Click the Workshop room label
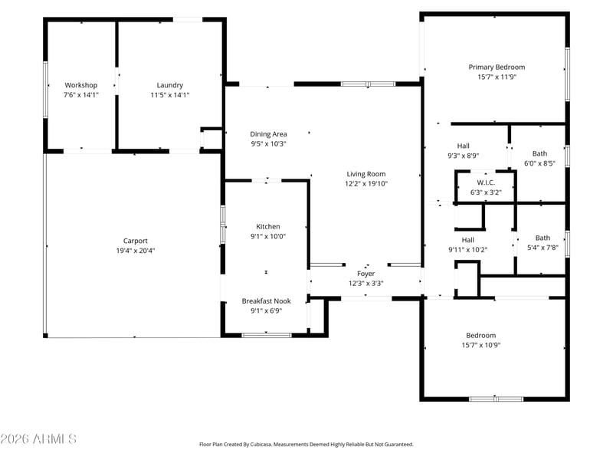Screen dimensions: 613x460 click(x=81, y=85)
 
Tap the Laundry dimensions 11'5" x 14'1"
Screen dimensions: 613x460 click(x=170, y=94)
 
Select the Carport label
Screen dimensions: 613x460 click(x=136, y=241)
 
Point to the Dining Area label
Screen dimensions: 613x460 click(x=269, y=134)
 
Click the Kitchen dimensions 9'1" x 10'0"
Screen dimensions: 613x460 click(x=268, y=236)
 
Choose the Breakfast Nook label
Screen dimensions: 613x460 click(x=266, y=301)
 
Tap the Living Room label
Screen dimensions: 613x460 click(x=366, y=174)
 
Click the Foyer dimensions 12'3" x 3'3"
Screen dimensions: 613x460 click(x=366, y=283)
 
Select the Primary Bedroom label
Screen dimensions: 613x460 click(x=497, y=67)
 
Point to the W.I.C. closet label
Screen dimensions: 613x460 click(x=486, y=182)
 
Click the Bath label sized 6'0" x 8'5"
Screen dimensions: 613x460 click(x=540, y=154)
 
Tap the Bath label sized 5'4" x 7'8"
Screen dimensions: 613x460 click(x=543, y=238)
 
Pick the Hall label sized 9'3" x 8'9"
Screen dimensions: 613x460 click(x=464, y=146)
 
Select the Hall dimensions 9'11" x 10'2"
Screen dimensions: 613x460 click(x=468, y=250)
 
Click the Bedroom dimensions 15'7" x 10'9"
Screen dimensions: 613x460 click(x=481, y=345)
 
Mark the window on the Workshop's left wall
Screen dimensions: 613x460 click(x=45, y=89)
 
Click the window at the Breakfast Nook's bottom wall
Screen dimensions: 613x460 click(x=267, y=335)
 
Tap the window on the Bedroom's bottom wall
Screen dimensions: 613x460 click(x=496, y=399)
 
